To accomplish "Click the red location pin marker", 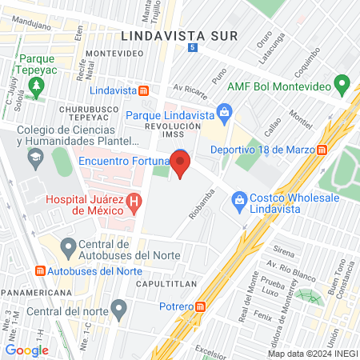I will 181,166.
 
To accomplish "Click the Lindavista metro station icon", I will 142,91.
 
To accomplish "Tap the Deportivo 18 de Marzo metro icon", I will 321,150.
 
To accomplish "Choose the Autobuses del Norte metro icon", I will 42,270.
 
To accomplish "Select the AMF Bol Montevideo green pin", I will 342,82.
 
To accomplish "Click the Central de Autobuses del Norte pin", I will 69,246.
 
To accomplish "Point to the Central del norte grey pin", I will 119,307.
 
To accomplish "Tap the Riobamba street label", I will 202,203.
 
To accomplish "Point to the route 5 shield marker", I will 192,48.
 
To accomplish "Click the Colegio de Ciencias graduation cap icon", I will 36,158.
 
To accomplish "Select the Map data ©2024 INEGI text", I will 310,354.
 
